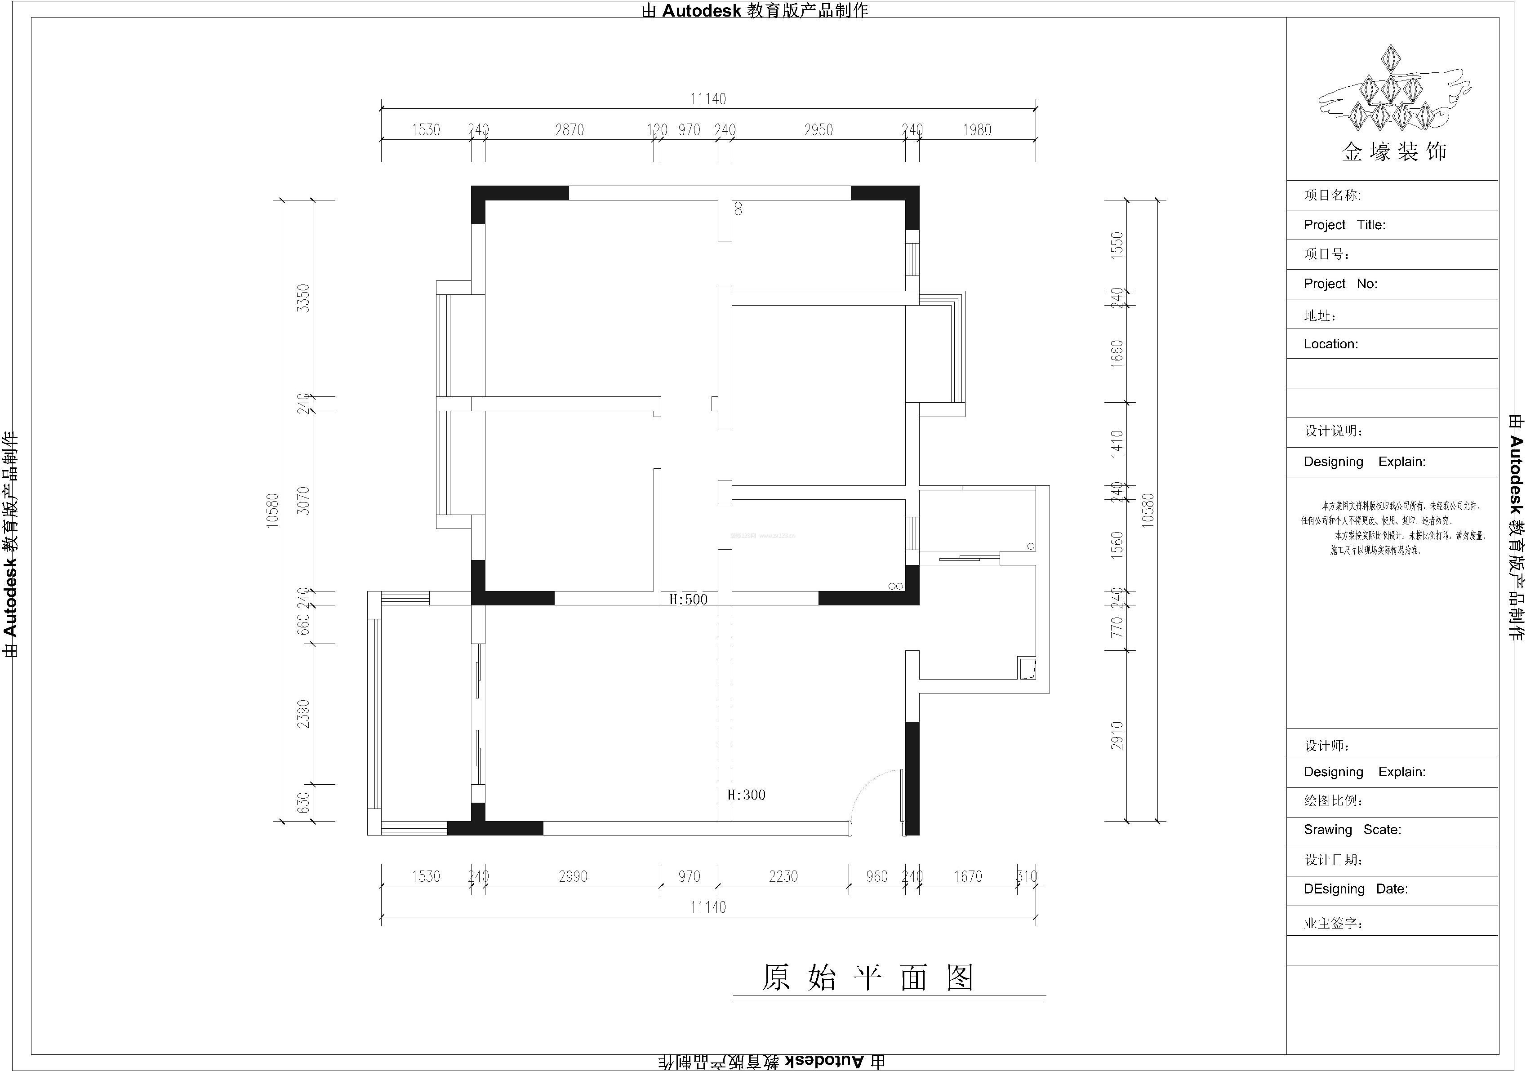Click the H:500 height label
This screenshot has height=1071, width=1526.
click(x=689, y=599)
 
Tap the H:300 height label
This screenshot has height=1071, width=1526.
click(x=747, y=795)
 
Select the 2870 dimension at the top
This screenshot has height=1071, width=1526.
click(x=569, y=130)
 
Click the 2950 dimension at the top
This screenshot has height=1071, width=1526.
click(x=818, y=130)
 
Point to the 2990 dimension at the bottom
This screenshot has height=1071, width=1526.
click(x=573, y=876)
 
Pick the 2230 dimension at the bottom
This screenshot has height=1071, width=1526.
click(x=783, y=876)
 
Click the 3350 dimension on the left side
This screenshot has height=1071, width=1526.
click(x=303, y=298)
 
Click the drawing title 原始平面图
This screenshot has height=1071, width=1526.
click(x=868, y=978)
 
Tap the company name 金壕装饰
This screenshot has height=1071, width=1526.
click(x=1394, y=152)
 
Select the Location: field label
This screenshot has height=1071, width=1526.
click(x=1330, y=344)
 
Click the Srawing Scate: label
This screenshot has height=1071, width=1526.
click(x=1352, y=830)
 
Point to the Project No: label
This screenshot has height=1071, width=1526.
click(x=1340, y=284)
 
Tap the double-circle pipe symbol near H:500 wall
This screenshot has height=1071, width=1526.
click(x=895, y=586)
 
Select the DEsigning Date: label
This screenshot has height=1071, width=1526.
click(x=1355, y=889)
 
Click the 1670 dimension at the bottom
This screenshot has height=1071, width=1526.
click(x=968, y=876)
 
